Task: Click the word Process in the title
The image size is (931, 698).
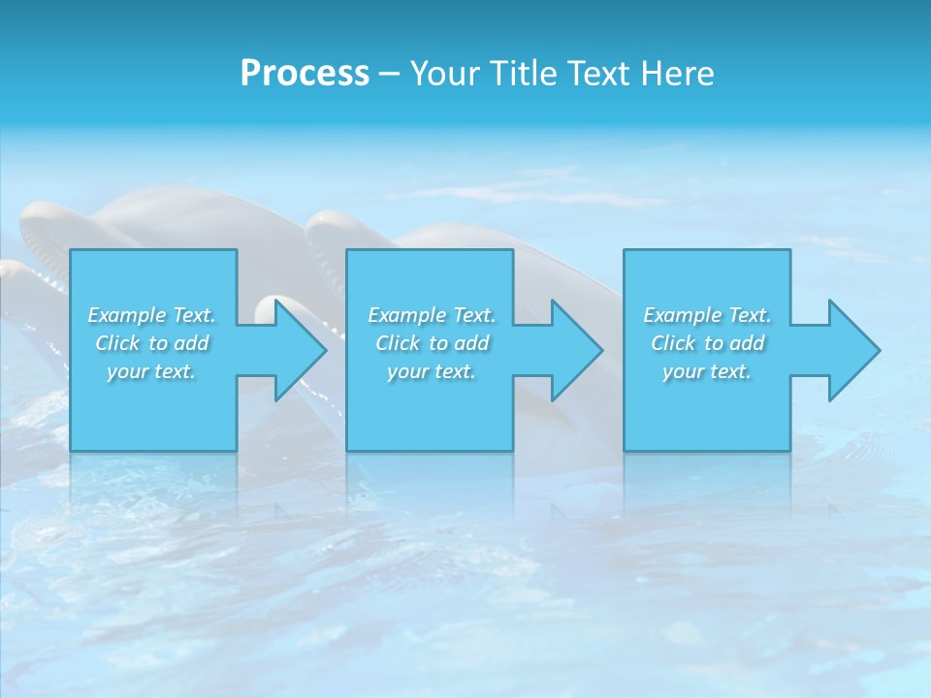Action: [305, 73]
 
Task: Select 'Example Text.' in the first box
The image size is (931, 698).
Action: [151, 315]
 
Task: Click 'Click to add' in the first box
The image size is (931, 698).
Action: [151, 343]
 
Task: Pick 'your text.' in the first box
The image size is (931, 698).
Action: [151, 371]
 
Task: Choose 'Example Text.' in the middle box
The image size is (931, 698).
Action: [431, 315]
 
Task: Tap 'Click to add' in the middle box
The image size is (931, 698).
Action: [431, 343]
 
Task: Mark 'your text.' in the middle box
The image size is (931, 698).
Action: [431, 371]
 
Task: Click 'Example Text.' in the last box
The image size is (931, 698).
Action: [706, 315]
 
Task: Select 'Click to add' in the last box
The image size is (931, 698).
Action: [706, 343]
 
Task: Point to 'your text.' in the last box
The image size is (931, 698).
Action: [706, 371]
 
